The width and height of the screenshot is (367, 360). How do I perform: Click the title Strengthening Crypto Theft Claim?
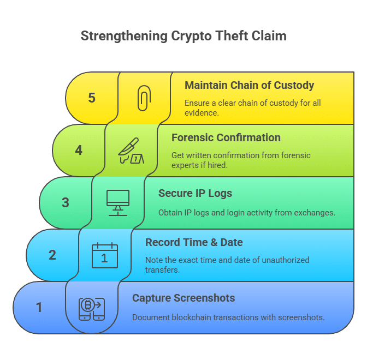coord(183,36)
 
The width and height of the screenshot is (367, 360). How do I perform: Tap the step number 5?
coord(92,98)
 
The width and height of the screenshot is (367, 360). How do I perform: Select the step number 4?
coord(79,150)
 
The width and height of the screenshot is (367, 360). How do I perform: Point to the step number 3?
coord(66,202)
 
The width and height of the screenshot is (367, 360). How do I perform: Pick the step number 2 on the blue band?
coord(52,255)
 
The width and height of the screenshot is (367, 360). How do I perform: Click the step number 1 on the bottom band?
coord(39,307)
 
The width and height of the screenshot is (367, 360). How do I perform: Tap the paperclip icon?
coord(144,98)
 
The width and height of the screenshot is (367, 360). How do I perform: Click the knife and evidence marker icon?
coord(131,151)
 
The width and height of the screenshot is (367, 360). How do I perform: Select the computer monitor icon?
coord(118,203)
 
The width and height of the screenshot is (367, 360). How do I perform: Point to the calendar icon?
coord(105,255)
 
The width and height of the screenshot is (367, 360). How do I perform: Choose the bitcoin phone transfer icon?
coord(92,309)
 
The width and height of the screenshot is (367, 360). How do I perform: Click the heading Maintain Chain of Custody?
coord(249,86)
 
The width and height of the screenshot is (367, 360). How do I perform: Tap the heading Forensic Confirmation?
coord(226,137)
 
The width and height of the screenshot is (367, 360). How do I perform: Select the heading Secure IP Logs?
coord(195,194)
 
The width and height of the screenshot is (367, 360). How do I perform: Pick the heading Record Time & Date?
coord(194,242)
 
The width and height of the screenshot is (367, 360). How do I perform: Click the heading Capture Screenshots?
coord(183,298)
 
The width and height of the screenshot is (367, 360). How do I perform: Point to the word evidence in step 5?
coord(202,113)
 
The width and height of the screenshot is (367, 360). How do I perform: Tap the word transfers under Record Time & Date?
coord(162,270)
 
